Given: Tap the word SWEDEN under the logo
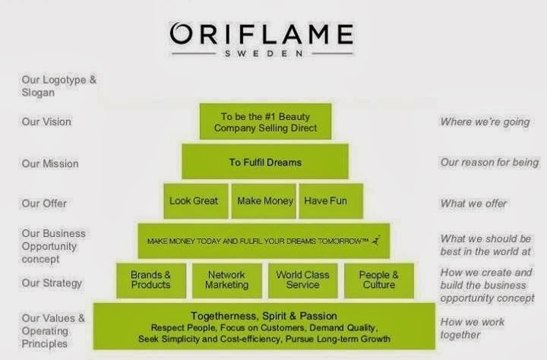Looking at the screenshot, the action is coord(264,54).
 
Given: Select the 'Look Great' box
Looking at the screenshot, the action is coord(196,201).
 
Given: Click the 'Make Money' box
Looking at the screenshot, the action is coord(264,201).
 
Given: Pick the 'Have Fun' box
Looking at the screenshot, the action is coord(331,201).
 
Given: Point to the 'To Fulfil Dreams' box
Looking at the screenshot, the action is coord(265,161).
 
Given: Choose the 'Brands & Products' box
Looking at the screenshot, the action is coord(150,280).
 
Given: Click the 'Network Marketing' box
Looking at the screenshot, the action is coord(226,280).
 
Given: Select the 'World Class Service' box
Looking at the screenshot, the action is coord(303,280).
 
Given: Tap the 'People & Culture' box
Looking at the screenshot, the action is coord(379,280).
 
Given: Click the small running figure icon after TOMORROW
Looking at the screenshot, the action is coord(375,240).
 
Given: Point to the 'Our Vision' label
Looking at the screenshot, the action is coord(46,122).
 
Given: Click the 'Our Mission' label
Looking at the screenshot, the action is coord(50,163).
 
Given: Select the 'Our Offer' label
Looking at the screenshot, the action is coord(44,204).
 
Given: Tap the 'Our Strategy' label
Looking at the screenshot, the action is coord(52,283).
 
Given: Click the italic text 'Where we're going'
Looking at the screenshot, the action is coord(485,122).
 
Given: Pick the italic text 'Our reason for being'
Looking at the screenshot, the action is coord(489,163).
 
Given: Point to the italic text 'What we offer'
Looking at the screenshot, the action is coord(473,204).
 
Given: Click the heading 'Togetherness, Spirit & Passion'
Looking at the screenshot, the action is coord(264,316).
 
